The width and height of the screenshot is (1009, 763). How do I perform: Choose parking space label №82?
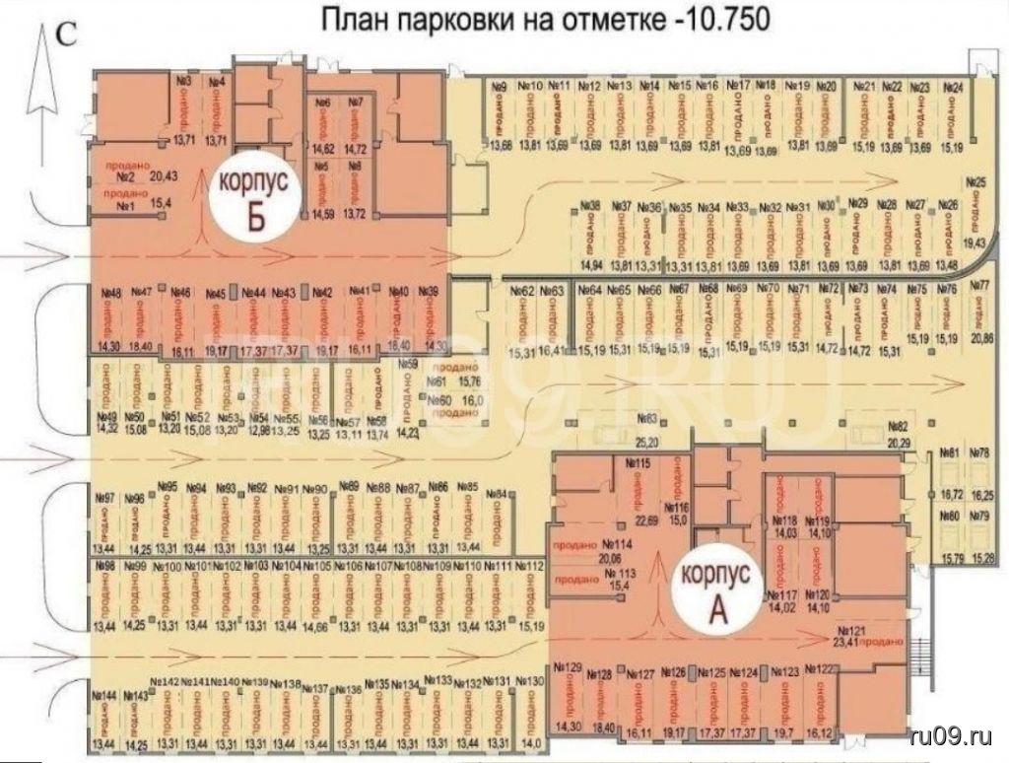click(896, 426)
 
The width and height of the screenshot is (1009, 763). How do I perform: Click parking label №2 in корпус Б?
click(125, 177)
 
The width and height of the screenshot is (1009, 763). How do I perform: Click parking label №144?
click(101, 695)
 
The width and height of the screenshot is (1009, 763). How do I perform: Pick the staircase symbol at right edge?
click(920, 656)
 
